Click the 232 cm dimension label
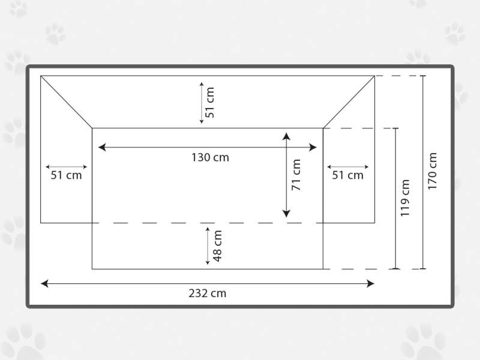207,293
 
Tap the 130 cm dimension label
210,157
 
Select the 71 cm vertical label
296,175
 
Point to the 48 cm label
217,246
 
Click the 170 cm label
432,171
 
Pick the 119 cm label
404,198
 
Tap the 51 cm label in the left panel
66,175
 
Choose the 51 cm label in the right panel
348,175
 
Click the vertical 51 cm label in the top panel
209,103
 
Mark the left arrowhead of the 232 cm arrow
44,283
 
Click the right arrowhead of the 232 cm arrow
370,283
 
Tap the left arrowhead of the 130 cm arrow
102,147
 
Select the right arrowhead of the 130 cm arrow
313,147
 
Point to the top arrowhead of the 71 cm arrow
286,136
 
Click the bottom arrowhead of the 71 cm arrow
286,214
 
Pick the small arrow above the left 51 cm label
66,167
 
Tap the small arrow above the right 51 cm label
348,167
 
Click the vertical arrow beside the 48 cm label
208,246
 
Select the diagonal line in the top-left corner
67,102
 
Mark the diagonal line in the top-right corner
349,102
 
